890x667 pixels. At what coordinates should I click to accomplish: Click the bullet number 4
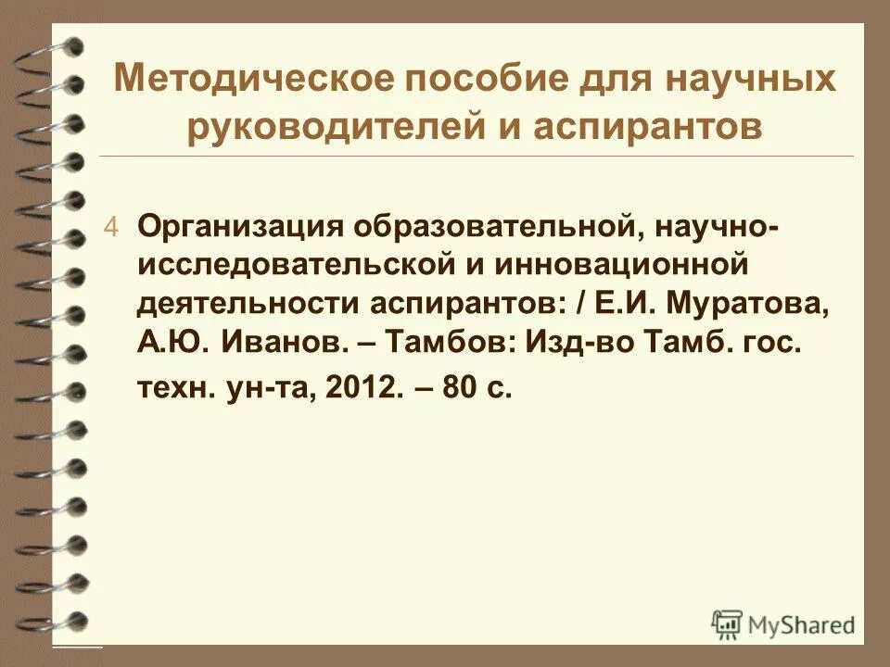point(111,228)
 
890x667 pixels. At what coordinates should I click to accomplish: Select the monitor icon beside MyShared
point(728,624)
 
